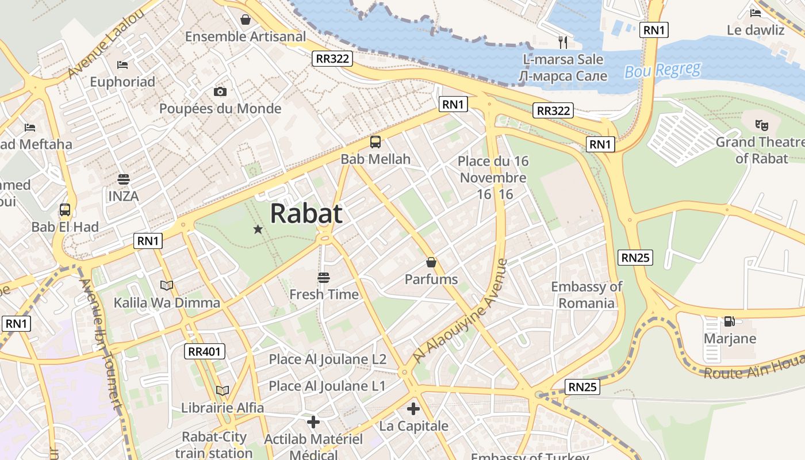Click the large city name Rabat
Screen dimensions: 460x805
pos(306,213)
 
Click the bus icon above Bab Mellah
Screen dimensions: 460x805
pos(375,142)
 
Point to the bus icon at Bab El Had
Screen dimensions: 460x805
pos(65,210)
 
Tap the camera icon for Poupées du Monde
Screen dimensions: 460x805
pos(220,92)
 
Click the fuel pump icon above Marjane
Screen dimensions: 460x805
pos(729,321)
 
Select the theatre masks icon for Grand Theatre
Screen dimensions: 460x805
pos(762,124)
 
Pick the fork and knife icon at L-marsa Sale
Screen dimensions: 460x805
pos(563,42)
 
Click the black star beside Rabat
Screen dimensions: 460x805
pos(258,230)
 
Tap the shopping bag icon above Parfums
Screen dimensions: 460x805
pos(431,263)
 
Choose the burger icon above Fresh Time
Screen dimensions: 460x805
pos(324,278)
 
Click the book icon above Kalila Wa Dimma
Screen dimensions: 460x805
pos(167,286)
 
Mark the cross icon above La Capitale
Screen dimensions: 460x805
pos(413,409)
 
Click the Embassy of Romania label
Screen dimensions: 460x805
pos(586,294)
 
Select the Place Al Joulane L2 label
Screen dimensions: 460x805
pos(328,359)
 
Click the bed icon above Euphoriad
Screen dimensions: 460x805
pos(122,65)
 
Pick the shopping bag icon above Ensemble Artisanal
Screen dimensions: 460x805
pos(246,20)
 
